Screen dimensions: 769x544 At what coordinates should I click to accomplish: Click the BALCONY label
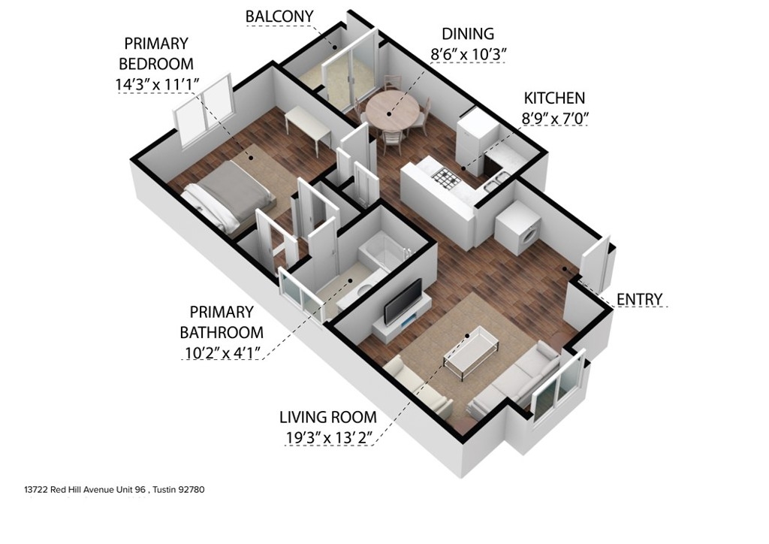279,17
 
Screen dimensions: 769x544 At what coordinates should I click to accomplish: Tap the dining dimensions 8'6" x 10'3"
467,53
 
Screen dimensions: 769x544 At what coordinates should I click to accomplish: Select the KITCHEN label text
554,98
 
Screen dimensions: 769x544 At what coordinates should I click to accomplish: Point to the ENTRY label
639,299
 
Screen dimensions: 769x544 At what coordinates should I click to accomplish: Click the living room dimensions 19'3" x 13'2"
329,437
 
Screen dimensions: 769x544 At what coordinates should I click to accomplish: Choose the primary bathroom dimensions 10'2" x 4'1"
222,352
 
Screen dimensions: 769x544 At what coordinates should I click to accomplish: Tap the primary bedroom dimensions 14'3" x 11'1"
157,84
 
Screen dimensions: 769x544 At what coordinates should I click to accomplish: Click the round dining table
393,112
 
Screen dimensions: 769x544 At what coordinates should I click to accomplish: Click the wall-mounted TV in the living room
403,301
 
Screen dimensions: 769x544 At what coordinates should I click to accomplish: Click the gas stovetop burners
447,179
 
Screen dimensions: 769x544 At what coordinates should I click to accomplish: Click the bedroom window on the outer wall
203,111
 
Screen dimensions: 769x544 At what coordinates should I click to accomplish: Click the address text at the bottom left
114,490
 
